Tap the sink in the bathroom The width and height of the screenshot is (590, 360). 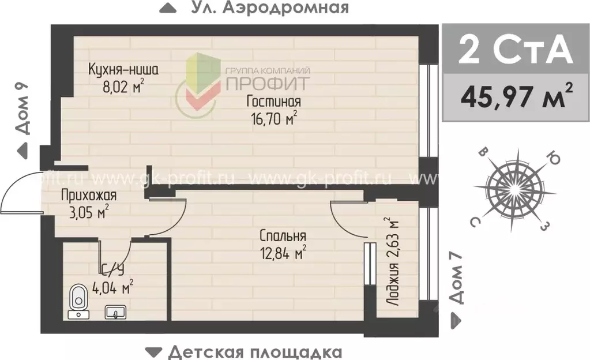115,312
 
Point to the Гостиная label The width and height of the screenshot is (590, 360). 274,102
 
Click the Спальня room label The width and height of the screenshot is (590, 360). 283,235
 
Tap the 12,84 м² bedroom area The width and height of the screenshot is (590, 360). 283,253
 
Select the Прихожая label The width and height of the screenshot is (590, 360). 89,196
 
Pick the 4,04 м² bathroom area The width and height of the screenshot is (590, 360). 114,286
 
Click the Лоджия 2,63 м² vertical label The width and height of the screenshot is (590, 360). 393,262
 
